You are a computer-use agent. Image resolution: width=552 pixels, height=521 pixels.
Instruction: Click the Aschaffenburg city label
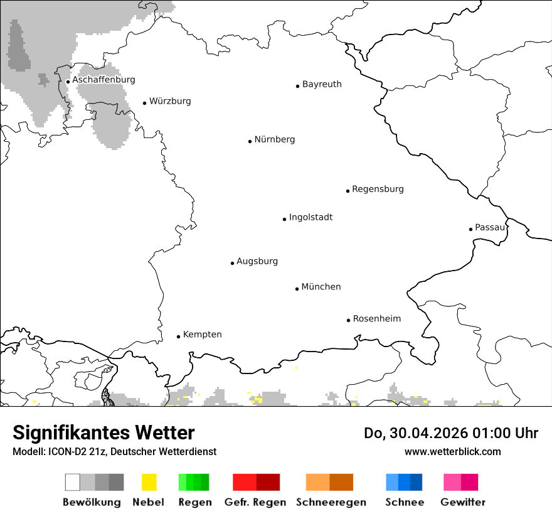tap(103, 80)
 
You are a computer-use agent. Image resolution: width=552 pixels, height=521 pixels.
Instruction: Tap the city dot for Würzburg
tap(144, 103)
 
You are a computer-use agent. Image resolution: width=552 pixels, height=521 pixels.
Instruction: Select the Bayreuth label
tap(322, 84)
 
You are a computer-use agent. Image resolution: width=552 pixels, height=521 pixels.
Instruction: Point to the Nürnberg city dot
tap(250, 141)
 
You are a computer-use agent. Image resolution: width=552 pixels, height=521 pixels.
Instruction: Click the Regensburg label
tap(378, 189)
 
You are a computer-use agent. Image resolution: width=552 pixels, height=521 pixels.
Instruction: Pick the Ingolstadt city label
tap(310, 217)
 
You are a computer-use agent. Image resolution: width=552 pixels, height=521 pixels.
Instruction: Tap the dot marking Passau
tap(470, 229)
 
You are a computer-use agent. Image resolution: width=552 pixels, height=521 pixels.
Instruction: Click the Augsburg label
tap(257, 261)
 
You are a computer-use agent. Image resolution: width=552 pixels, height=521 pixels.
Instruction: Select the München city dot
tap(297, 289)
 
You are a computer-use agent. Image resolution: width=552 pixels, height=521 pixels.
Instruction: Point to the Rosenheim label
tap(376, 318)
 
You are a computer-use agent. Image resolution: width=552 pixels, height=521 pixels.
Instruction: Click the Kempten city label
tap(202, 335)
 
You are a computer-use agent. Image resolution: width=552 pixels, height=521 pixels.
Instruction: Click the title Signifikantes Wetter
tap(103, 433)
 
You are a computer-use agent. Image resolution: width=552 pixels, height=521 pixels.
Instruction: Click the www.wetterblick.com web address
tap(452, 451)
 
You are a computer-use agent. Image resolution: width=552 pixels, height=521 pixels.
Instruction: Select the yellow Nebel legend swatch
tap(149, 482)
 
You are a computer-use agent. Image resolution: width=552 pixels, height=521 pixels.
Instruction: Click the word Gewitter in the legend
tap(462, 502)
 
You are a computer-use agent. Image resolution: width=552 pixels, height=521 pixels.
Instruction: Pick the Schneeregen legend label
tap(331, 502)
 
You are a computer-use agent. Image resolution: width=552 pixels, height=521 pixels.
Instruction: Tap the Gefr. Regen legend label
tap(255, 502)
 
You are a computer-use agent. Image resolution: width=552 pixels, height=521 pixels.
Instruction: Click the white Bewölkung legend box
tap(73, 482)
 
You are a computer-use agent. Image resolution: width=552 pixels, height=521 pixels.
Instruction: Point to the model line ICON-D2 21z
tap(114, 451)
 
